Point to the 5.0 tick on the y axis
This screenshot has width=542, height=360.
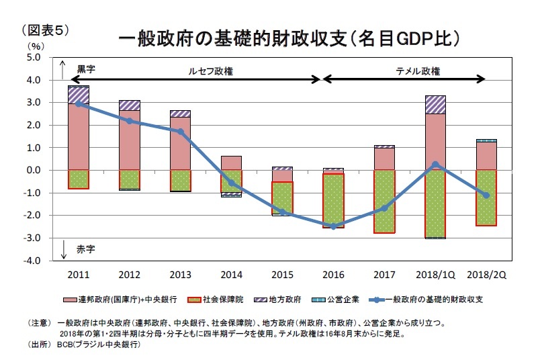34,58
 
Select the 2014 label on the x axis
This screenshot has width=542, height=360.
231,274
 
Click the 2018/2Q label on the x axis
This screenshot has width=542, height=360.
486,274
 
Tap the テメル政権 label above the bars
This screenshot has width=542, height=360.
418,70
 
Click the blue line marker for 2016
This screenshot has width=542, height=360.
333,226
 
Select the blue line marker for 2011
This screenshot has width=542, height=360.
79,103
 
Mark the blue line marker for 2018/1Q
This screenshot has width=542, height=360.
435,164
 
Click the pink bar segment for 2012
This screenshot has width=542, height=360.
130,140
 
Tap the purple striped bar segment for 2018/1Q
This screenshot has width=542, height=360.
435,105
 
